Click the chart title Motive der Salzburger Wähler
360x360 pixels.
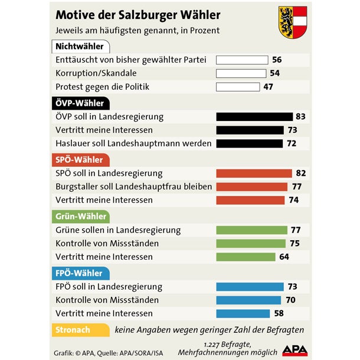pos(138,14)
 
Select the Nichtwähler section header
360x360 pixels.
pos(79,47)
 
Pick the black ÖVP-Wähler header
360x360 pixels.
pos(80,103)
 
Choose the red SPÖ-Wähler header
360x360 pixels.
pos(79,160)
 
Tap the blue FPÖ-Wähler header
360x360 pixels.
pos(79,273)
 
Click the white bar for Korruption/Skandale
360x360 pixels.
pos(241,73)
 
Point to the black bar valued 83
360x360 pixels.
pos(254,117)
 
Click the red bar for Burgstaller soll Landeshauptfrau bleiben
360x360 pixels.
pos(252,186)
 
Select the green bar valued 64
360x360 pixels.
pos(246,257)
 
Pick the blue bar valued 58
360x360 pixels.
pos(243,313)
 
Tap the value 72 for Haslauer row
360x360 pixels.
pos(291,143)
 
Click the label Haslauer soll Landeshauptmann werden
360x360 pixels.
pos(133,143)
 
